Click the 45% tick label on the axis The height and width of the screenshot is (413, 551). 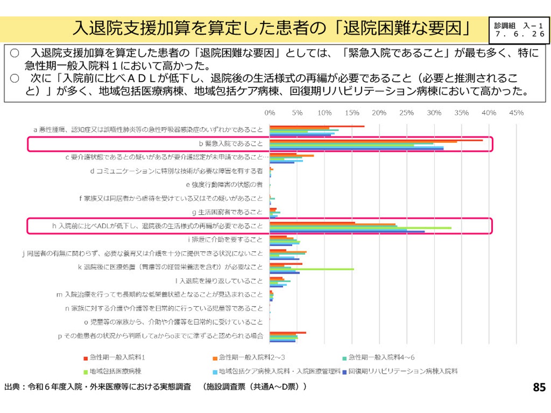(516, 113)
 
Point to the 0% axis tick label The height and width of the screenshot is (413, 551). (270, 113)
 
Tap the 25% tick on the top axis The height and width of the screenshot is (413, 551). (406, 113)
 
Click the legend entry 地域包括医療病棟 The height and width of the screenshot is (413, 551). (115, 371)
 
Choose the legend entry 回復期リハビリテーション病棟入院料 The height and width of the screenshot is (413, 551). (403, 371)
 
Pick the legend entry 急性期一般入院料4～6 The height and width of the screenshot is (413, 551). (381, 357)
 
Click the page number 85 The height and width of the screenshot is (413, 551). (539, 387)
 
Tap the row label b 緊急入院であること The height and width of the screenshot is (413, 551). (231, 144)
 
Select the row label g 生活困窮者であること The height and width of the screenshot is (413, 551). (227, 212)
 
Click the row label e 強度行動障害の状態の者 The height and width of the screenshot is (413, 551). (224, 185)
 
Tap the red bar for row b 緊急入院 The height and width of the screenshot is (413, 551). (376, 140)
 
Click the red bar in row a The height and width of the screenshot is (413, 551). (317, 126)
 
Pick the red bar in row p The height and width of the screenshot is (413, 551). (288, 333)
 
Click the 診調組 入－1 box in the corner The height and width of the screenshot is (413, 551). (519, 30)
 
